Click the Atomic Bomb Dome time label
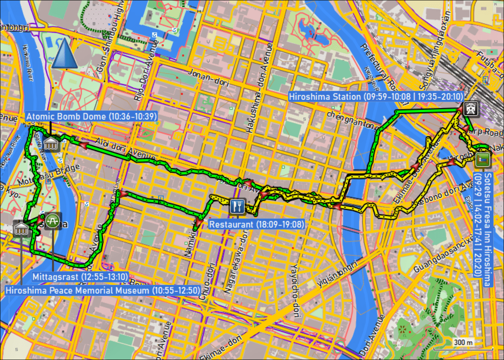(91, 116)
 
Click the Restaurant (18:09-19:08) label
(256, 224)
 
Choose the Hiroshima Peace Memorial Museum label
(102, 290)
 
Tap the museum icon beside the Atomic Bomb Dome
(51, 144)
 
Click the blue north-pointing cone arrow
(64, 54)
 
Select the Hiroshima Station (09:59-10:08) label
(376, 96)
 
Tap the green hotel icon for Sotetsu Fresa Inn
(482, 159)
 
